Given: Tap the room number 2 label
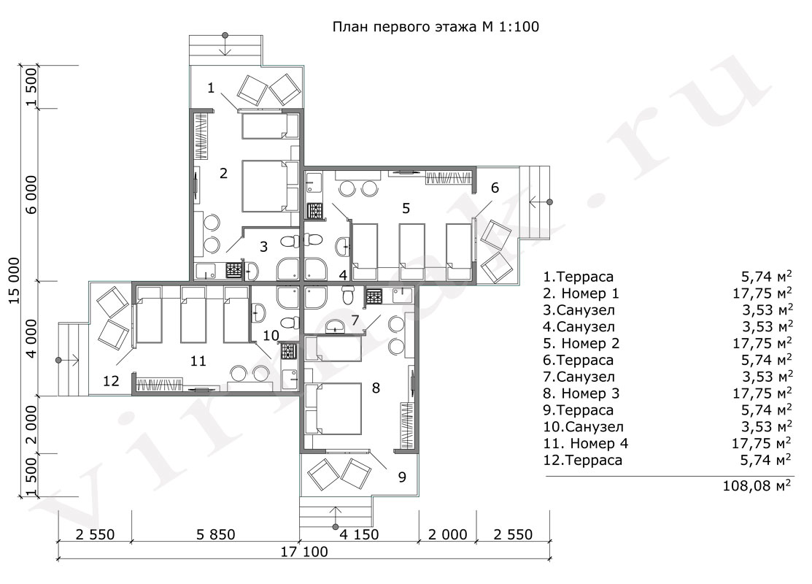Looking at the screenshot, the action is [223, 173].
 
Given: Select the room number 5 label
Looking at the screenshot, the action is [406, 208].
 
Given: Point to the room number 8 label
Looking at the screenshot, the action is [376, 388].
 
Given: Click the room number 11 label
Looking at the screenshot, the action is [198, 361].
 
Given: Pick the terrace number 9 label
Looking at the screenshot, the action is [402, 477].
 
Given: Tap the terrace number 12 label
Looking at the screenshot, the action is [112, 381].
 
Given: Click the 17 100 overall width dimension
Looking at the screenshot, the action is [304, 551].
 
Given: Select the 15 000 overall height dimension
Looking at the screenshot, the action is [14, 280].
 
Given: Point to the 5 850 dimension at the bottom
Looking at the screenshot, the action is [215, 534].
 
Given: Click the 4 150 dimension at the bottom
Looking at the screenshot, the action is [359, 534].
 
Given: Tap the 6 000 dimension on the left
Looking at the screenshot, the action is [31, 195].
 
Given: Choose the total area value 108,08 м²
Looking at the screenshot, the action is [757, 486].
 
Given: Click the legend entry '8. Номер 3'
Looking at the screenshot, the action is [581, 393].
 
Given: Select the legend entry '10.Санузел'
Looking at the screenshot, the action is [583, 426].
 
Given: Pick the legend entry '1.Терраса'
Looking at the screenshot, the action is [578, 277].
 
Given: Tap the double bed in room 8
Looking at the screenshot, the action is [333, 408].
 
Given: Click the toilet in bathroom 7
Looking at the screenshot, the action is [348, 296].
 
